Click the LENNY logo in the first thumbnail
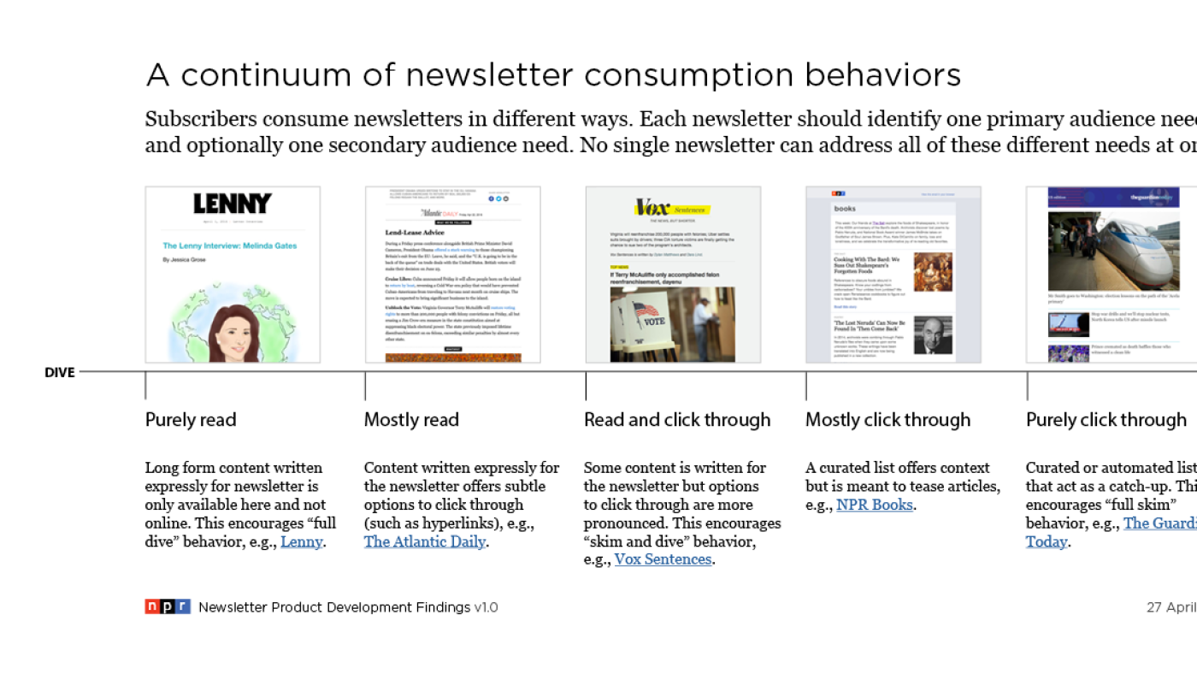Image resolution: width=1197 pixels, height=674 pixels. click(232, 204)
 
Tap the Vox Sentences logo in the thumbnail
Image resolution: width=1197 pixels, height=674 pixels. click(672, 208)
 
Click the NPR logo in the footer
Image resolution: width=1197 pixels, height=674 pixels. click(168, 606)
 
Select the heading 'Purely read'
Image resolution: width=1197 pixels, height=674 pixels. click(191, 420)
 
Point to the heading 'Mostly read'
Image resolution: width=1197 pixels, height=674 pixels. click(411, 420)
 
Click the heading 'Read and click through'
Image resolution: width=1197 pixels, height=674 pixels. click(677, 420)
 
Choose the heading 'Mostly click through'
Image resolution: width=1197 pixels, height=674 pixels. click(887, 420)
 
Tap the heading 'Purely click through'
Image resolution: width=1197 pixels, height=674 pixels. click(1106, 420)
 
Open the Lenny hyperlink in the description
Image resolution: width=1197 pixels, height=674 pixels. click(302, 541)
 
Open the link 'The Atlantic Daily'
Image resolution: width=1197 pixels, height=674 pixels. click(425, 541)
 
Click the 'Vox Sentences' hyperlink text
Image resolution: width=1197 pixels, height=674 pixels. click(663, 559)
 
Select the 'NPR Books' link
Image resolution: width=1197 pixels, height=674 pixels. click(875, 505)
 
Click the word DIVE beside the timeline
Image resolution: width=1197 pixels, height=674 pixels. click(60, 373)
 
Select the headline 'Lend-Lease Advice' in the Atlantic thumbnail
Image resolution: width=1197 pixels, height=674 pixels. click(415, 232)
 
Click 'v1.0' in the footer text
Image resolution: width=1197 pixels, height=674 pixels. click(486, 607)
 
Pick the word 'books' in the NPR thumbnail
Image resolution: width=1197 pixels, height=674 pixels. click(845, 208)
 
